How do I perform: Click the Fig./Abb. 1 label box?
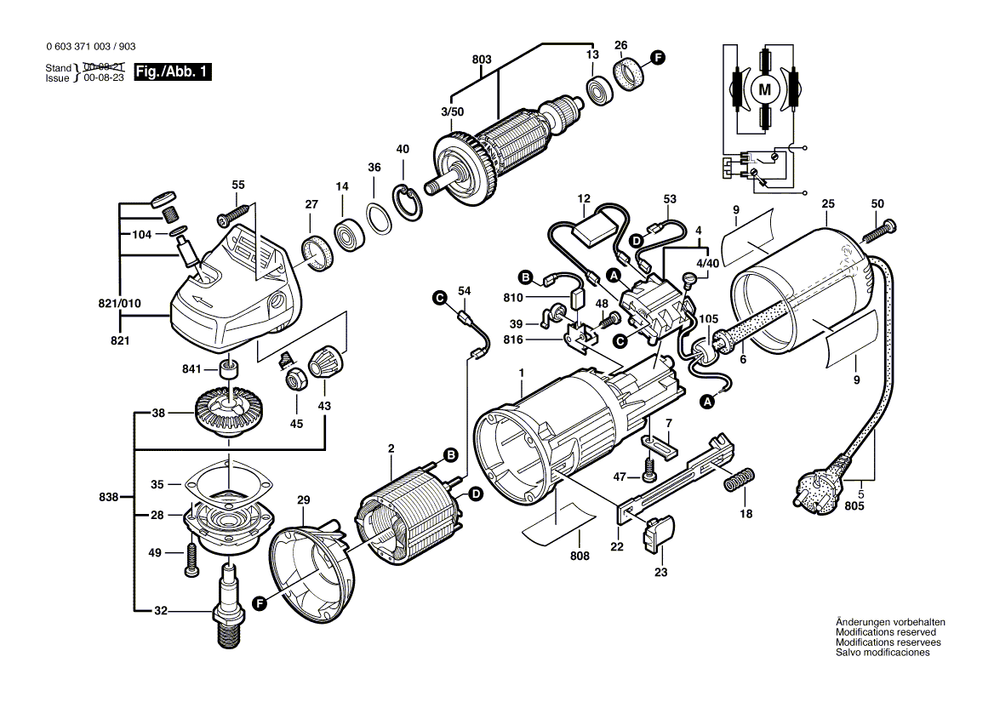(173, 72)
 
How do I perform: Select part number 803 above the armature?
(481, 60)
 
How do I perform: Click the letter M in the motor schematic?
(763, 88)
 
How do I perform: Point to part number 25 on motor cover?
(827, 204)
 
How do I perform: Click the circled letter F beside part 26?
(657, 57)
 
